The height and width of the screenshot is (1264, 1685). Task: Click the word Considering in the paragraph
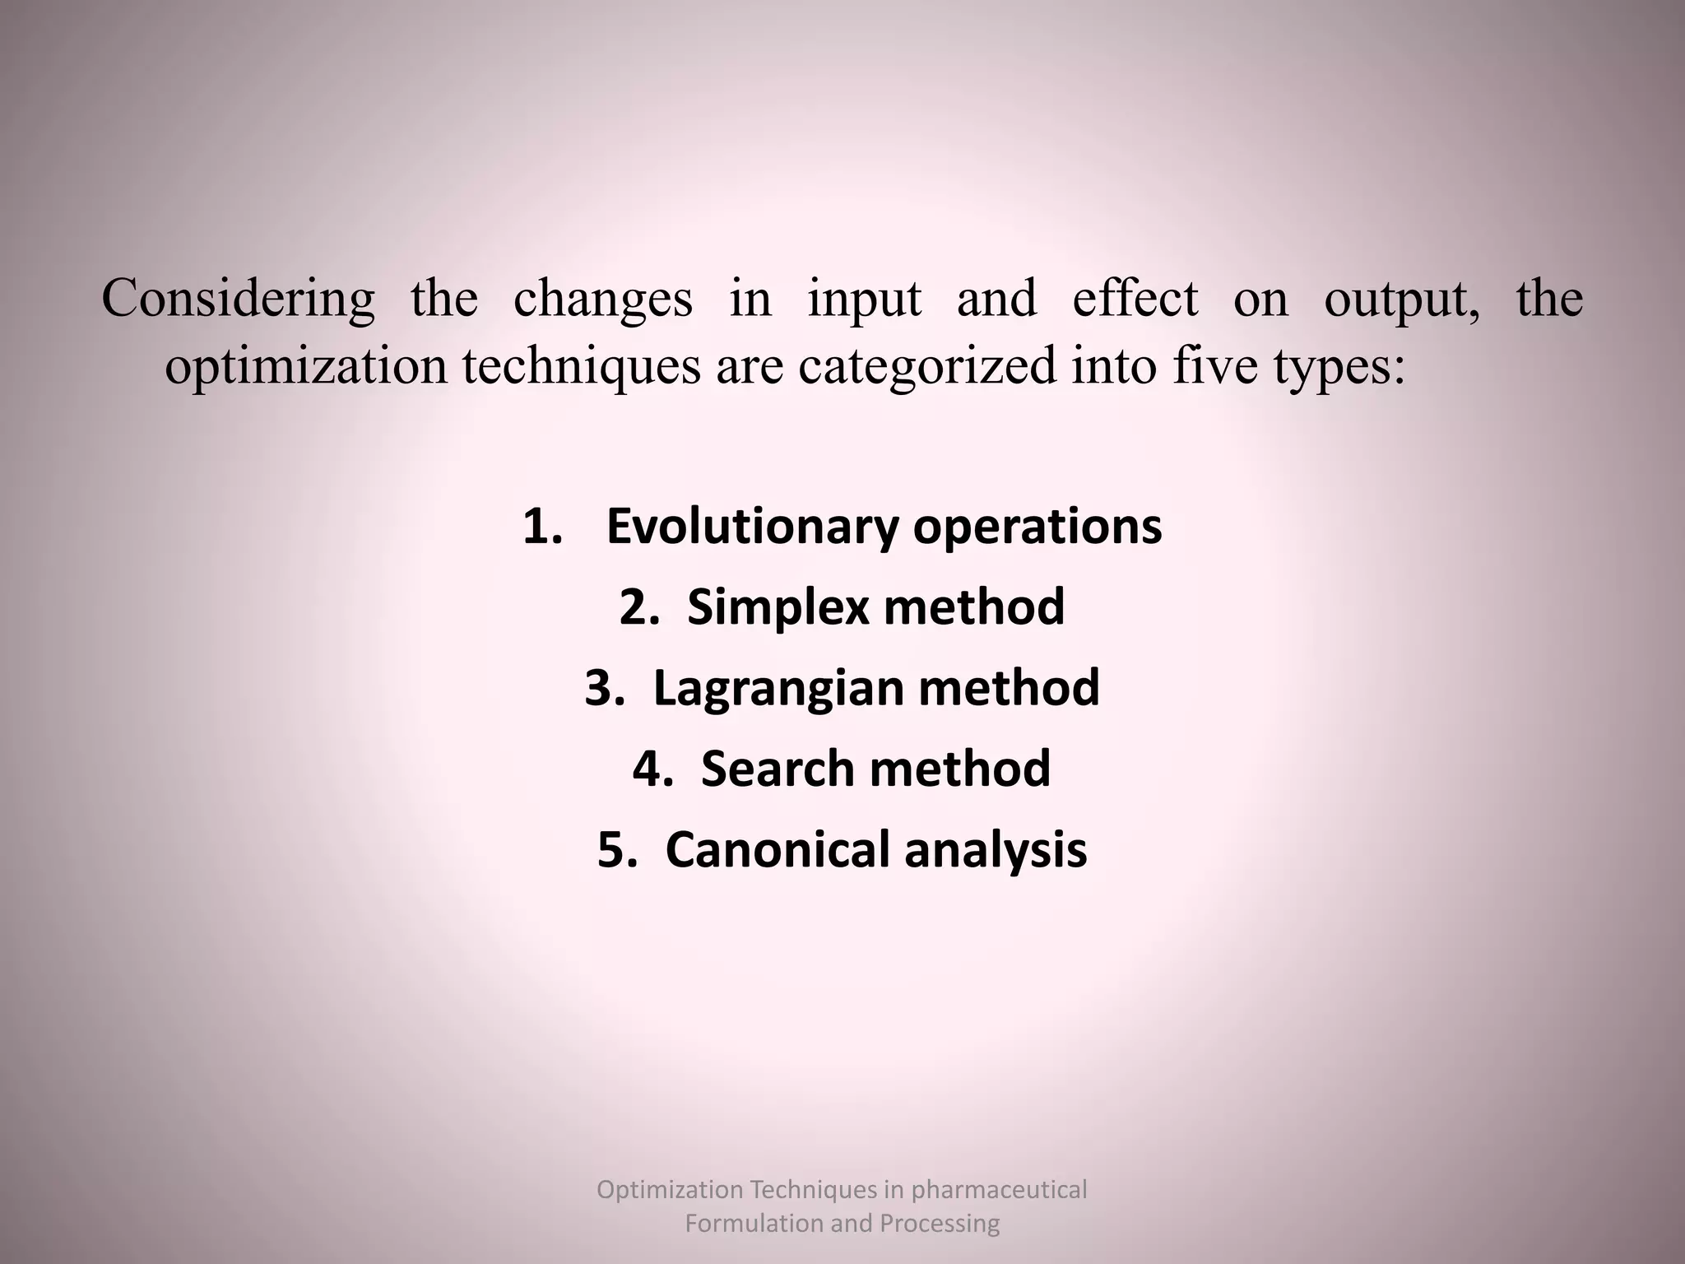click(x=238, y=300)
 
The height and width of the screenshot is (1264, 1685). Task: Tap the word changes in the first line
click(x=602, y=300)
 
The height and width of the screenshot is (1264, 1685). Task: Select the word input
click(x=864, y=300)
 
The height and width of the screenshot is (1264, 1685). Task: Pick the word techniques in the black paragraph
click(x=581, y=367)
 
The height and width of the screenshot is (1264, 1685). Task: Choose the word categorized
click(x=926, y=367)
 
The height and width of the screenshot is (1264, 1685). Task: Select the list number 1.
click(x=541, y=527)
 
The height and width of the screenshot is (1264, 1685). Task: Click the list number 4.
click(x=652, y=769)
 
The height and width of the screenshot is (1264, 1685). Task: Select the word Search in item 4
click(x=777, y=769)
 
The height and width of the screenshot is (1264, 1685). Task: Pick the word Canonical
click(x=777, y=849)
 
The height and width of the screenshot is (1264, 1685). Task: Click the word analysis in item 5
click(x=996, y=851)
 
